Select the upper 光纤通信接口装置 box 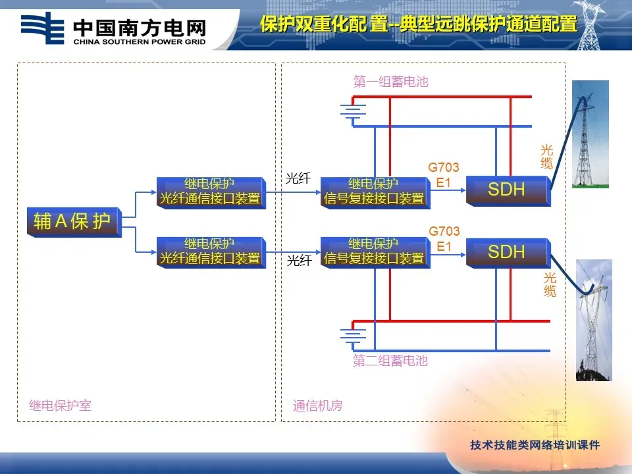tap(210, 192)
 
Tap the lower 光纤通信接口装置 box tap(210, 251)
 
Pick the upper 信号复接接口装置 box tap(374, 192)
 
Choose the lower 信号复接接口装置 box tap(374, 251)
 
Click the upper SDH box tap(506, 190)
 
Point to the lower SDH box tap(506, 252)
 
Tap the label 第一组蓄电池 tap(390, 82)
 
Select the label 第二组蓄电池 tap(390, 361)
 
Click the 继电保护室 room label tap(61, 406)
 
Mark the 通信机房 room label tap(318, 406)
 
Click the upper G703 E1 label tap(444, 175)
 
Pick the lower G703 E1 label tap(444, 239)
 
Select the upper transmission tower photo tap(590, 134)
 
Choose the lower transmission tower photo tap(594, 320)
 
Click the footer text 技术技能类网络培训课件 tap(535, 445)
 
